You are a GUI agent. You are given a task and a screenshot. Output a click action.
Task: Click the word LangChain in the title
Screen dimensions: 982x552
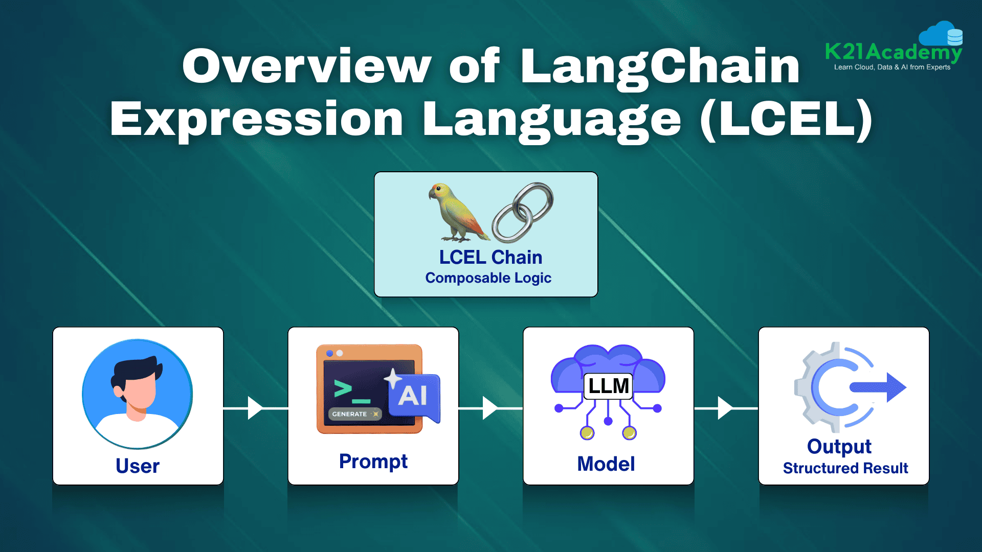[x=660, y=66]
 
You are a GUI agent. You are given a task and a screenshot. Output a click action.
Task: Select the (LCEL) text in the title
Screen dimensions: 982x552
[x=786, y=119]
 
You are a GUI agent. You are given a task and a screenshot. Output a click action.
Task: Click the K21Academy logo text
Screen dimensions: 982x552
[x=894, y=52]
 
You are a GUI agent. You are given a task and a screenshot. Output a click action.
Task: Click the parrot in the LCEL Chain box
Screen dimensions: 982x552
[x=457, y=212]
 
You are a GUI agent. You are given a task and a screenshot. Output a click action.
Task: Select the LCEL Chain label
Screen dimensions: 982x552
[x=490, y=257]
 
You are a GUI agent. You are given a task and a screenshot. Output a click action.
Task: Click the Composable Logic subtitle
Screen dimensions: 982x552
[x=488, y=278]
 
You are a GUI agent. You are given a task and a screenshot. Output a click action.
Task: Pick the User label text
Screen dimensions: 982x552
[x=138, y=466]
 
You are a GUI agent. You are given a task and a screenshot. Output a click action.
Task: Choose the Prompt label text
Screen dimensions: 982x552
[x=373, y=462]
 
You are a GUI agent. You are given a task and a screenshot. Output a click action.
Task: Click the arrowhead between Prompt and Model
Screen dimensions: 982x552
[x=490, y=408]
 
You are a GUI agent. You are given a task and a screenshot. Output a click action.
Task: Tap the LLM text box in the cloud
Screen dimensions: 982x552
[x=608, y=386]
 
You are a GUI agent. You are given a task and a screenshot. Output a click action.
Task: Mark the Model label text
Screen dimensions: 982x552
[x=606, y=464]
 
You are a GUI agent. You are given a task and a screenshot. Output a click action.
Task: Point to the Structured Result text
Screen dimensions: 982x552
[x=845, y=468]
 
